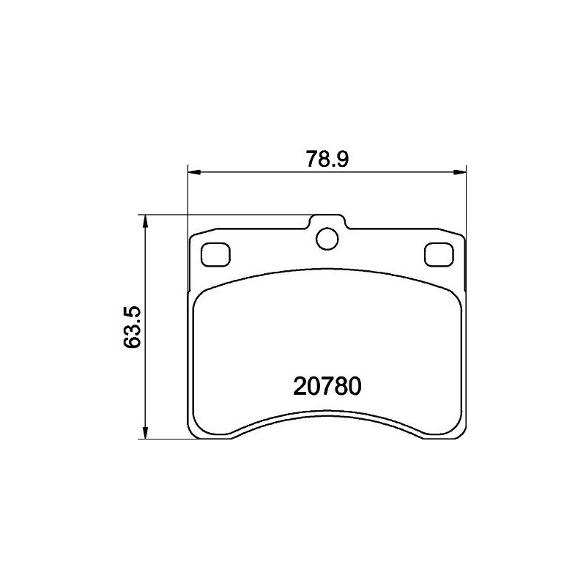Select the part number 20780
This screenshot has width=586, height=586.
coord(327,386)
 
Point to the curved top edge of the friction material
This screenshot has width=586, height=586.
coord(327,272)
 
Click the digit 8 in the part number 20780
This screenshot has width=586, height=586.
coord(341,386)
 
